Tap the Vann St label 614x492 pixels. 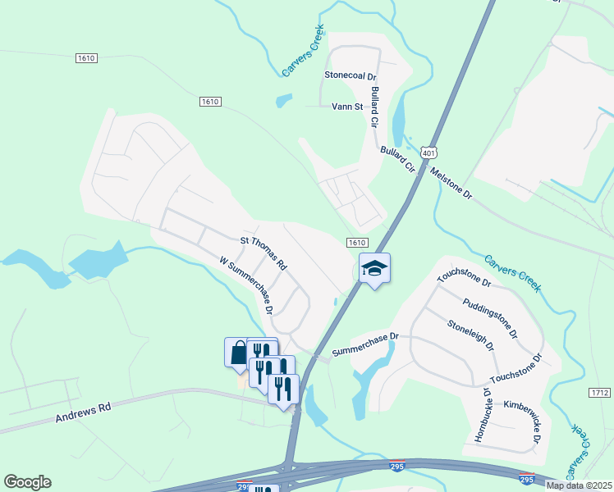346,107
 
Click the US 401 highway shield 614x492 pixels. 428,153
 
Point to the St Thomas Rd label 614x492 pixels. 263,253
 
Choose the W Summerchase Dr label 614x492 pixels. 246,286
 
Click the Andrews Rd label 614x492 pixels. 83,412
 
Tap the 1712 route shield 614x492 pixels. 601,394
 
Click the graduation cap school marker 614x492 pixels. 374,268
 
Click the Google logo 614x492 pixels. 27,482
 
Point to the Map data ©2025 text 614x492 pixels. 579,485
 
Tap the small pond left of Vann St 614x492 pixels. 284,101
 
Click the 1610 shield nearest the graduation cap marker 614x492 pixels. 356,243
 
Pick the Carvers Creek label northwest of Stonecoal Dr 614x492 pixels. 303,51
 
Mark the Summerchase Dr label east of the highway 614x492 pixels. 364,344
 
